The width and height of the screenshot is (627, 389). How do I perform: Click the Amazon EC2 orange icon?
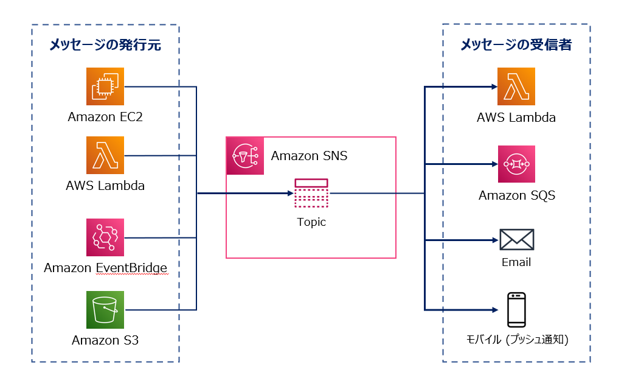105,86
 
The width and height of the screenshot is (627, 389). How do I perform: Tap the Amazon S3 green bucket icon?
105,310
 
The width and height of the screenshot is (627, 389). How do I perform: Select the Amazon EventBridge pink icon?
105,237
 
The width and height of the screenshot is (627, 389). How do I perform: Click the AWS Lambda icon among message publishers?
105,155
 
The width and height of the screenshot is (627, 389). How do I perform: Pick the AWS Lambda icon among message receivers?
516,86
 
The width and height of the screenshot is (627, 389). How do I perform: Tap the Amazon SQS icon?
516,164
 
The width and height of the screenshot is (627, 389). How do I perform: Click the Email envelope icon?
516,240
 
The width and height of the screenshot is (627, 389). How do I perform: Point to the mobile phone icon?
516,310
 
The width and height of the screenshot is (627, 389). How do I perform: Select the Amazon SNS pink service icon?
245,156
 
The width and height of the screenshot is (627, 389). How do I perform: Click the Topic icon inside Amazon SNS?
311,194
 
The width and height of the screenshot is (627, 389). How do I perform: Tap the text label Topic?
311,222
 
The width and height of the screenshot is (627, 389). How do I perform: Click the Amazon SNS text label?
309,156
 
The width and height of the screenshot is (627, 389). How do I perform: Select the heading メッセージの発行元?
105,45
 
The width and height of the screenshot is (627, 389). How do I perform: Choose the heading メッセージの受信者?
516,45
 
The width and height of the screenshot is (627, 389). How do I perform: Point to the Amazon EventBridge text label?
105,268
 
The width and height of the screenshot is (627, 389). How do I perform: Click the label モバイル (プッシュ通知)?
516,340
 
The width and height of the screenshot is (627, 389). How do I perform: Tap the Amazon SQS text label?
516,195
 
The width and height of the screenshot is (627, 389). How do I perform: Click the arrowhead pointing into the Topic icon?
290,194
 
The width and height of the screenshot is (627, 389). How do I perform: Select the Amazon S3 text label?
105,340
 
